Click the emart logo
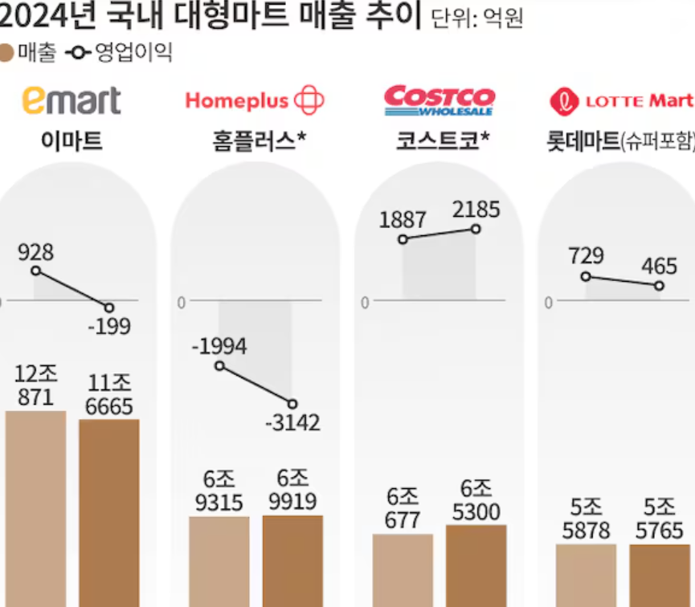(72, 100)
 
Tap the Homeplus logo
(255, 100)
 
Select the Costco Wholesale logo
(439, 100)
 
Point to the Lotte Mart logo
(621, 101)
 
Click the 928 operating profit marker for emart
(36, 271)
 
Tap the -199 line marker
(109, 308)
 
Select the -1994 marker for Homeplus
(219, 366)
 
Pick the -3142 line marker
(292, 403)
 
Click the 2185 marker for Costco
(476, 229)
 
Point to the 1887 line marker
(403, 238)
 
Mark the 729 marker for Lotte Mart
(586, 276)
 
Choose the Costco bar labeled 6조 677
(403, 569)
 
